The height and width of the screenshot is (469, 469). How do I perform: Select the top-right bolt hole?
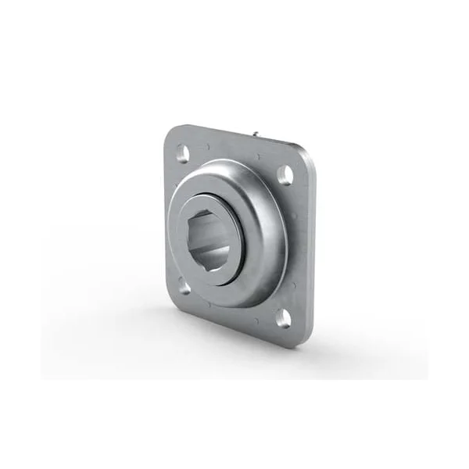click(286, 177)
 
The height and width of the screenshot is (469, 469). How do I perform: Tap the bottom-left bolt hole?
click(184, 288)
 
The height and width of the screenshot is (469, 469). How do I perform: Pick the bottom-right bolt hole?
click(285, 317)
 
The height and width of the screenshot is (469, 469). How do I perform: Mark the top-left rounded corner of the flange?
click(170, 134)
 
